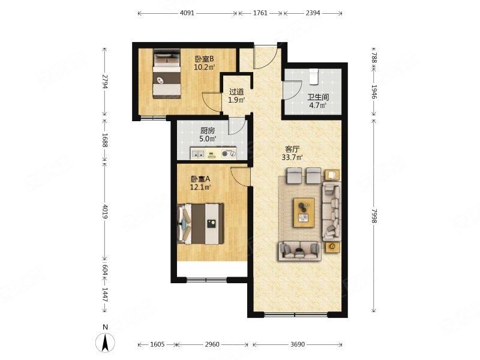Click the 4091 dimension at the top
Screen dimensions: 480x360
pos(187,13)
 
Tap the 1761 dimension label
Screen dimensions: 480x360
pos(260,13)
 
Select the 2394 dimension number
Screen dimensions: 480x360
pos(313,13)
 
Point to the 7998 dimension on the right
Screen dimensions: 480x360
pos(374,216)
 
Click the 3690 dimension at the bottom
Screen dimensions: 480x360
pos(297,344)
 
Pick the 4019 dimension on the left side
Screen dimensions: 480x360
pos(105,212)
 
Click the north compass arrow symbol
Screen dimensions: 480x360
pos(105,343)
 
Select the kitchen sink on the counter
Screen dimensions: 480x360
pos(198,154)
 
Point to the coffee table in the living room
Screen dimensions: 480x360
pos(304,212)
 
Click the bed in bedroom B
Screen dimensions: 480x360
pos(167,74)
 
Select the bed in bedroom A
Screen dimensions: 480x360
pos(200,224)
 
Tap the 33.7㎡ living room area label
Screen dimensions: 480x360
pos(292,157)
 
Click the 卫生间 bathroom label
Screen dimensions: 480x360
pos(318,97)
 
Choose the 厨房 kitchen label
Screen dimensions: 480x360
pos(208,131)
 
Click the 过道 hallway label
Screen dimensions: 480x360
pos(236,92)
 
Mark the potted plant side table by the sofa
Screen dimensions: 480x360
pos(332,247)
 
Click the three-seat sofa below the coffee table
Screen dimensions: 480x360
pos(299,251)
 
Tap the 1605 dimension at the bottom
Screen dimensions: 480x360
pos(158,344)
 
